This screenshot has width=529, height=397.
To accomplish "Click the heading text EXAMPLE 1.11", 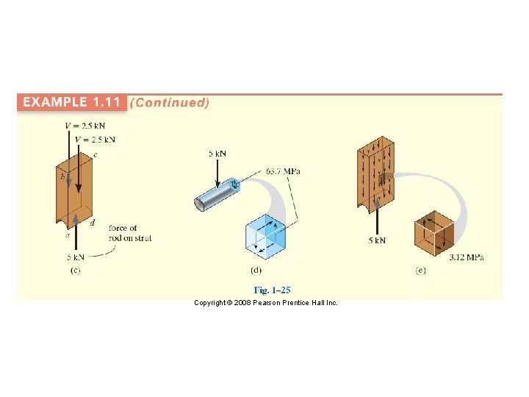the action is click(72, 102).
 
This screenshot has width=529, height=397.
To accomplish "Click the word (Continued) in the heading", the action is click(170, 102).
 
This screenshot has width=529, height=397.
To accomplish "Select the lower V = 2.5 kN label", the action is click(95, 139).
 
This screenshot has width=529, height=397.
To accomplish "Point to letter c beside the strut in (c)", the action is click(95, 154).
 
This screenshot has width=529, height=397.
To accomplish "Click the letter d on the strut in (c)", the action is click(92, 223).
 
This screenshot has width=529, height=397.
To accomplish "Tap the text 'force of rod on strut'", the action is click(129, 233).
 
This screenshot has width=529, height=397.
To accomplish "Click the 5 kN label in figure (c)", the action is click(76, 257).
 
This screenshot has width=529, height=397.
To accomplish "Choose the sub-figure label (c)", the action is click(75, 271).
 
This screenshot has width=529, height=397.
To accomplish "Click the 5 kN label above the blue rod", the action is click(217, 154).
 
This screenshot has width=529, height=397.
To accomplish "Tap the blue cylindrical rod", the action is click(216, 194).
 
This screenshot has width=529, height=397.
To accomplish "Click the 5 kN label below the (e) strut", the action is click(377, 240).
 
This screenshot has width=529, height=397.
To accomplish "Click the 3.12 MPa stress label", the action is click(467, 257).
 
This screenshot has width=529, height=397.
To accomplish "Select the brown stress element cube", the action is click(434, 234).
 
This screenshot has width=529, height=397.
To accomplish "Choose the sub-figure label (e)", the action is click(420, 271).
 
